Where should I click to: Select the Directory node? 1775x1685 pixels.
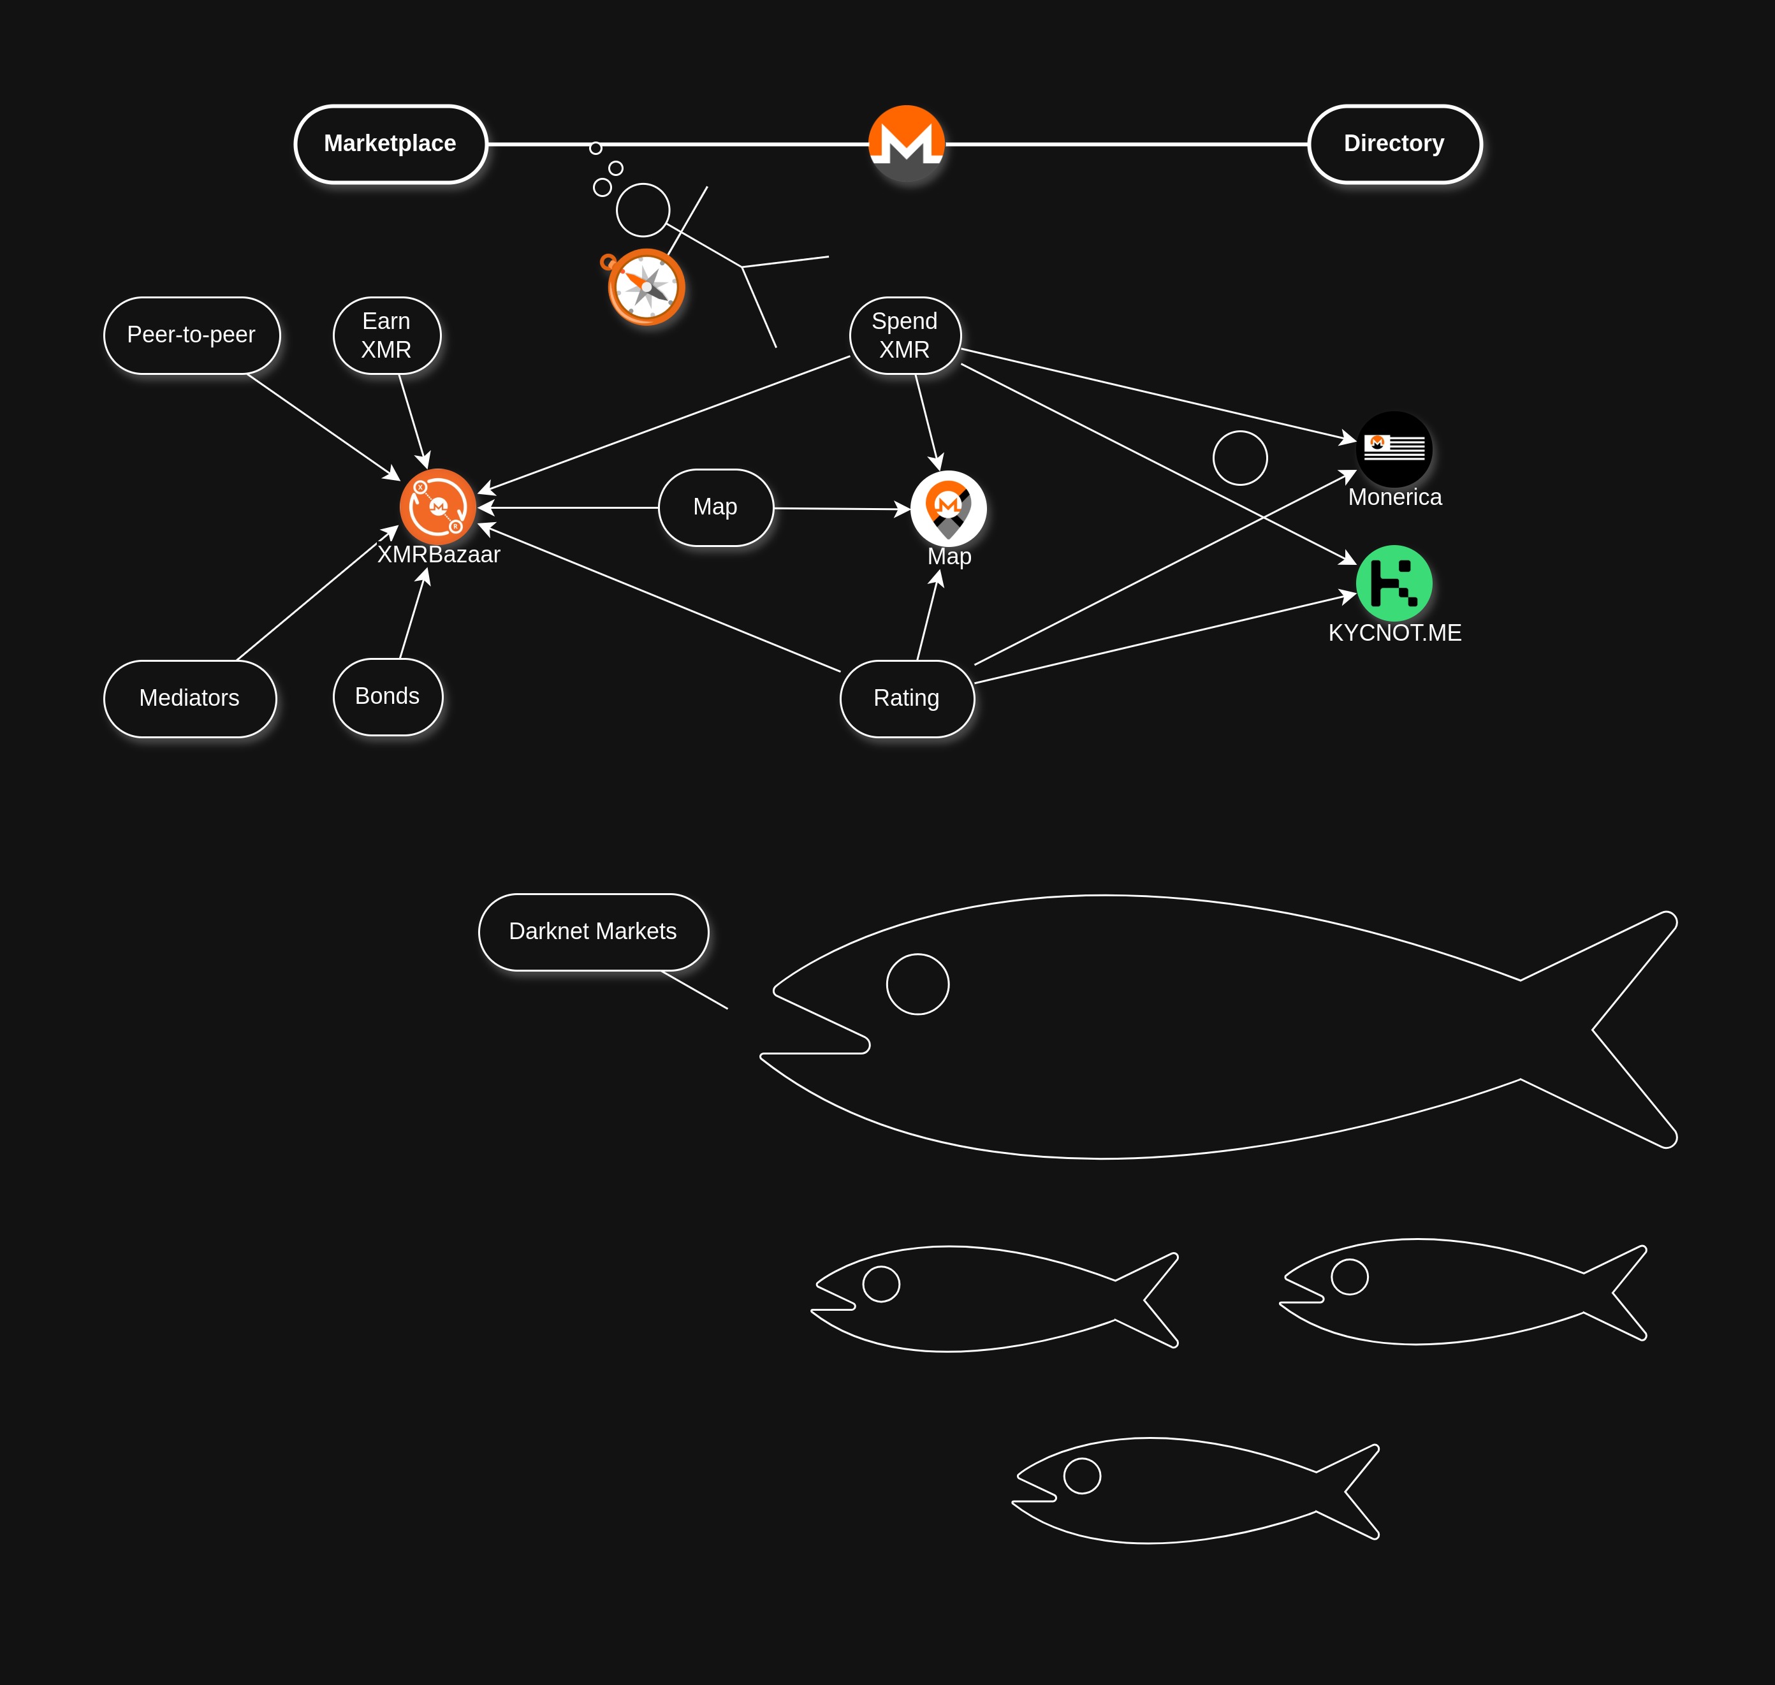pyautogui.click(x=1394, y=143)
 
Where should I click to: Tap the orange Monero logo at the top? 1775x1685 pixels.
pyautogui.click(x=907, y=143)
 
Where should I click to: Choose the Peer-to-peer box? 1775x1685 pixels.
pyautogui.click(x=191, y=335)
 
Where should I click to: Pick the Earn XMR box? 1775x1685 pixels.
pyautogui.click(x=386, y=335)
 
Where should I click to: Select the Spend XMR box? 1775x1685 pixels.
pyautogui.click(x=905, y=335)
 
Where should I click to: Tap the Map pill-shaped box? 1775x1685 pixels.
pyautogui.click(x=715, y=507)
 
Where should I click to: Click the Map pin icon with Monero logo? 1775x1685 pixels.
pyautogui.click(x=949, y=508)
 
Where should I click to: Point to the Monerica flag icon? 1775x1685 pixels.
pyautogui.click(x=1394, y=449)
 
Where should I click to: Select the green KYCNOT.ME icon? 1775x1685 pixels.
pyautogui.click(x=1394, y=584)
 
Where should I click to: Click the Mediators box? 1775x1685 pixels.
pyautogui.click(x=189, y=699)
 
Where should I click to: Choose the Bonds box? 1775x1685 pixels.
pyautogui.click(x=387, y=697)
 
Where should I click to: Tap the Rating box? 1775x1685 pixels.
pyautogui.click(x=907, y=699)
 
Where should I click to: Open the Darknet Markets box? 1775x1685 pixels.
pyautogui.click(x=593, y=932)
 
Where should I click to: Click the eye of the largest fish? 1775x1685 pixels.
pyautogui.click(x=917, y=984)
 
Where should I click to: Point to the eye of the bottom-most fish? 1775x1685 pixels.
pyautogui.click(x=1081, y=1476)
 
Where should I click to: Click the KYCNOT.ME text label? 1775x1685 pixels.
pyautogui.click(x=1394, y=633)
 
